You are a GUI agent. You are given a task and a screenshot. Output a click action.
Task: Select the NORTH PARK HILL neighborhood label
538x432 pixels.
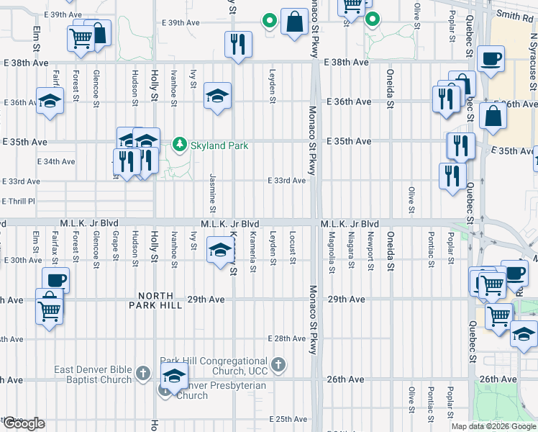(x=151, y=300)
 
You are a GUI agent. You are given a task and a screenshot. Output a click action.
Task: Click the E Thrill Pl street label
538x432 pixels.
(x=19, y=201)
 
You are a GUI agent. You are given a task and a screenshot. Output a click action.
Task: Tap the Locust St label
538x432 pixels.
(x=293, y=248)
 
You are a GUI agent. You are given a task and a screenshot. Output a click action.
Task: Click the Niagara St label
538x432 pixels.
(x=351, y=248)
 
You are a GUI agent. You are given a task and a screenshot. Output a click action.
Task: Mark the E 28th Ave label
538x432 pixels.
(x=287, y=338)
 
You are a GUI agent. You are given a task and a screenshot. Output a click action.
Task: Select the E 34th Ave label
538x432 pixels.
(x=56, y=161)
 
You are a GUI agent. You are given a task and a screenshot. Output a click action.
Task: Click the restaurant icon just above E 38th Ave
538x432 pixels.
(x=237, y=44)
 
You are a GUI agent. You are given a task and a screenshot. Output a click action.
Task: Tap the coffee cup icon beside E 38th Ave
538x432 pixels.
(x=491, y=58)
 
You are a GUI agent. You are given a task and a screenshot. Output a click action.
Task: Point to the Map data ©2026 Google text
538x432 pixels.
(x=493, y=426)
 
